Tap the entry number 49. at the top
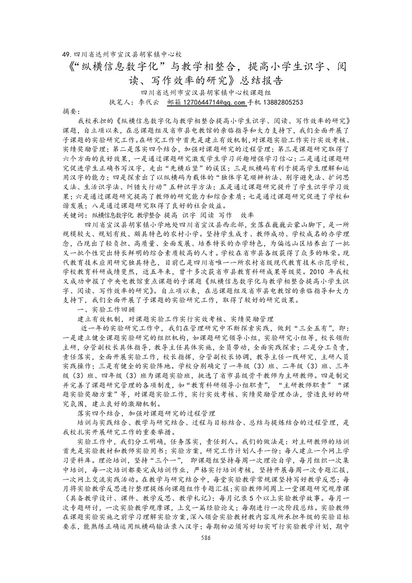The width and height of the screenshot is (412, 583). (66, 54)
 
